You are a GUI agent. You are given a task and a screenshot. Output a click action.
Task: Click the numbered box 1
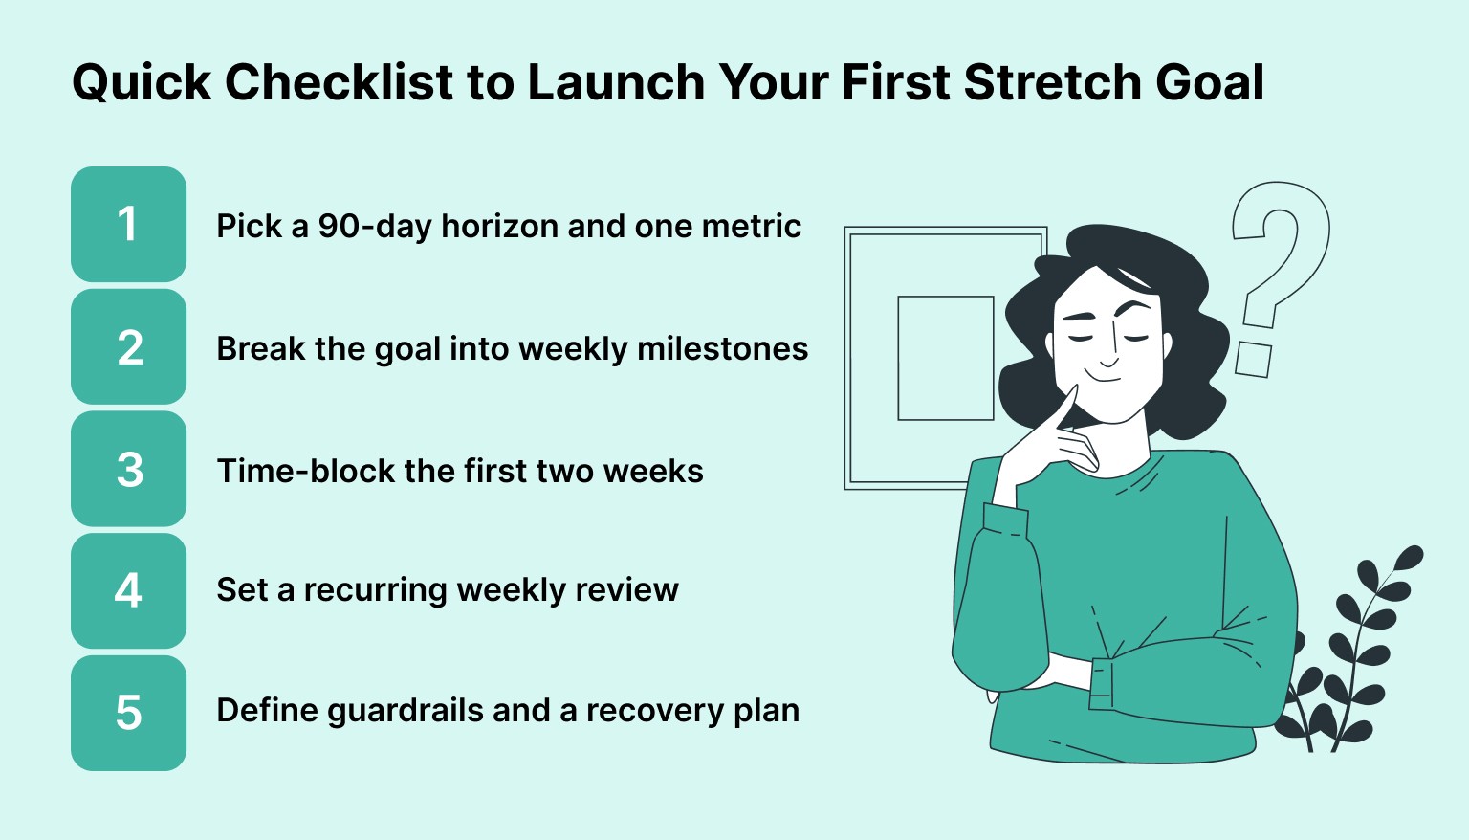pos(128,225)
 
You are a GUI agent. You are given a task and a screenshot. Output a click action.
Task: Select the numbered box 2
pos(128,347)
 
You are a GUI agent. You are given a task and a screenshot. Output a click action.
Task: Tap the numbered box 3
pos(128,470)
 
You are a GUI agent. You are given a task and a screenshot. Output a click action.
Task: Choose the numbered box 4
pos(128,590)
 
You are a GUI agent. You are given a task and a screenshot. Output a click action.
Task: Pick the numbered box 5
pos(128,713)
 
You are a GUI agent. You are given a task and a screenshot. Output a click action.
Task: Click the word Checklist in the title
pos(339,82)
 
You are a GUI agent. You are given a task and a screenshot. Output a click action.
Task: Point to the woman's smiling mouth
pos(1107,377)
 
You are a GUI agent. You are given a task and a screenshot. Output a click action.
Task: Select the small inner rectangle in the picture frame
pos(945,358)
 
